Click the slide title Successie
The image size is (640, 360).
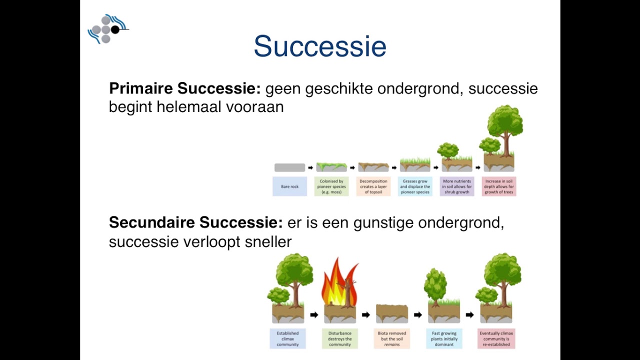pos(320,46)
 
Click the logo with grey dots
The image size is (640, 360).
pos(106,29)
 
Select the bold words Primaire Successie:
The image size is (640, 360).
pos(184,88)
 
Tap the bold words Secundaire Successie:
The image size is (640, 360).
pos(195,222)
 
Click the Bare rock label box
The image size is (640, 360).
pos(289,186)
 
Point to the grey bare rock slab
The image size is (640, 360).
pos(289,167)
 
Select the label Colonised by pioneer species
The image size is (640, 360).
pos(331,186)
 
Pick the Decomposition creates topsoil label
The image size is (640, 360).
pos(373,186)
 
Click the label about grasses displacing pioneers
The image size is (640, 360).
pos(415,186)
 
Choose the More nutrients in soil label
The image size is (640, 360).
pos(457,186)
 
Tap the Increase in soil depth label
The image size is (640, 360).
pos(498,186)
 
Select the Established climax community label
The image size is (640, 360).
pos(287,338)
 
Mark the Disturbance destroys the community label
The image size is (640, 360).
pos(340,338)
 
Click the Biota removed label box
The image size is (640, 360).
pos(392,338)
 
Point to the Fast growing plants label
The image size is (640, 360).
pos(444,338)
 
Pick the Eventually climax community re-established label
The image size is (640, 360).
pos(496,338)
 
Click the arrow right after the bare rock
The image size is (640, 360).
pos(310,167)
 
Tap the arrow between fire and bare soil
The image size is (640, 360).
pos(366,315)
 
